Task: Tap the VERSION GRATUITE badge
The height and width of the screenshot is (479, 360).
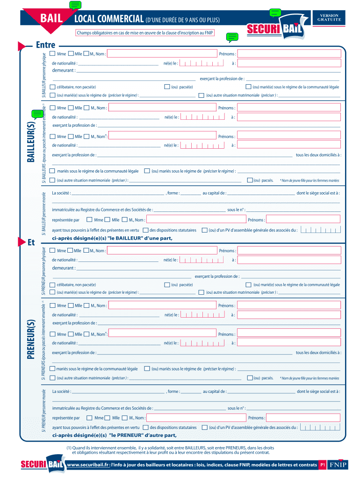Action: click(330, 18)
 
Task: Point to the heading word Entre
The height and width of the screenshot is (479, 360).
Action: click(45, 45)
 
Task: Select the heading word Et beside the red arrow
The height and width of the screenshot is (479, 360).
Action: click(32, 242)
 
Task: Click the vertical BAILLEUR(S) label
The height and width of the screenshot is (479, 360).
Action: click(31, 140)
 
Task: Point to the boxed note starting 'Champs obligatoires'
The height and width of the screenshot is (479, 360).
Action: click(145, 33)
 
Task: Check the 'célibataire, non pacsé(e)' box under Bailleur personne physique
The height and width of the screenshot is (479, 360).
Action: click(52, 87)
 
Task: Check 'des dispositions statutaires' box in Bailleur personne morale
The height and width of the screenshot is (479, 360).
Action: click(146, 230)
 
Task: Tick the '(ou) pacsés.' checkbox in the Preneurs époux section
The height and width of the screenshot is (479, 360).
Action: click(250, 377)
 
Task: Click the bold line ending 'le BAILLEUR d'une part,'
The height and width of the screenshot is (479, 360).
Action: click(112, 238)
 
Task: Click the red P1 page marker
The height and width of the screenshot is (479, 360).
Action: click(322, 465)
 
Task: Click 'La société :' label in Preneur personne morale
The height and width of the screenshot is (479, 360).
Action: click(61, 391)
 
